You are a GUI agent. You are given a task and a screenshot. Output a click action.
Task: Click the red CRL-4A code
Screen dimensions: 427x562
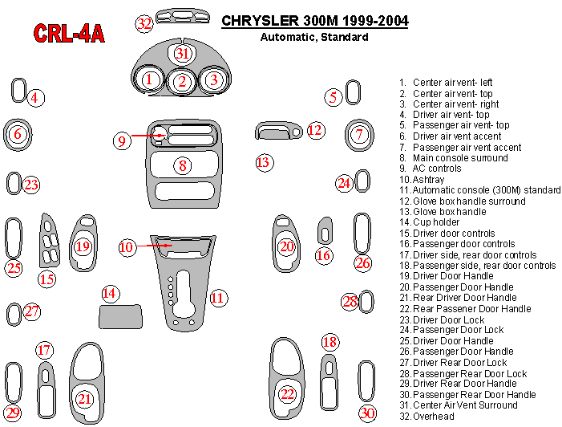click(x=68, y=33)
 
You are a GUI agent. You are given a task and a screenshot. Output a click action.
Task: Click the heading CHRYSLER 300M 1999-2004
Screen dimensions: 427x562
click(x=314, y=21)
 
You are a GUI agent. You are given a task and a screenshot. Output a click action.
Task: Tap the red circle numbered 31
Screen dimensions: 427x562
click(x=183, y=54)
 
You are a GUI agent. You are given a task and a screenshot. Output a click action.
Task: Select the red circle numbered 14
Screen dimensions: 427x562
click(x=110, y=294)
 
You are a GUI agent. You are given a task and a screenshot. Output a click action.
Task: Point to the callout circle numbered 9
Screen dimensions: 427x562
click(x=122, y=141)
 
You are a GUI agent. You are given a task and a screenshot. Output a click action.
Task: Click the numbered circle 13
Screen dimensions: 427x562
click(x=264, y=163)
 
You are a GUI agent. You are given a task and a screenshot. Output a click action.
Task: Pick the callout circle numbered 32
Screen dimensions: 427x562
click(x=144, y=23)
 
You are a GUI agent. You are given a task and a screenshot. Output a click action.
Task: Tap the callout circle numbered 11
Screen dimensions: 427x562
click(x=217, y=298)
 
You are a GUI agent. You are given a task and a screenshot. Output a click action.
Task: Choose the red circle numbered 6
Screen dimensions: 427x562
click(x=17, y=134)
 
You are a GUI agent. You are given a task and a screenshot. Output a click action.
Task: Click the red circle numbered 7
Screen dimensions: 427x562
click(x=360, y=134)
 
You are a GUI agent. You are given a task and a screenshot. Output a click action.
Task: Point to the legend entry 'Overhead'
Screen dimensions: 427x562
click(x=433, y=417)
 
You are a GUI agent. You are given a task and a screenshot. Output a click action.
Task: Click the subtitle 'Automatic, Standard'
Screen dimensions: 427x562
click(x=314, y=37)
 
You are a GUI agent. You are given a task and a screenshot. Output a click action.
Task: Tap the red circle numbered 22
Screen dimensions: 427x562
click(x=287, y=394)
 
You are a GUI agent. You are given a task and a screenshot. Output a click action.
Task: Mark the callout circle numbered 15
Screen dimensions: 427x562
click(x=47, y=279)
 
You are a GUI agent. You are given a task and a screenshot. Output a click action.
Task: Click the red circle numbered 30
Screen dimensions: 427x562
click(x=367, y=413)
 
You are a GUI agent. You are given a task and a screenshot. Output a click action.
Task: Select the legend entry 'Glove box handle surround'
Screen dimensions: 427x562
click(x=469, y=201)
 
